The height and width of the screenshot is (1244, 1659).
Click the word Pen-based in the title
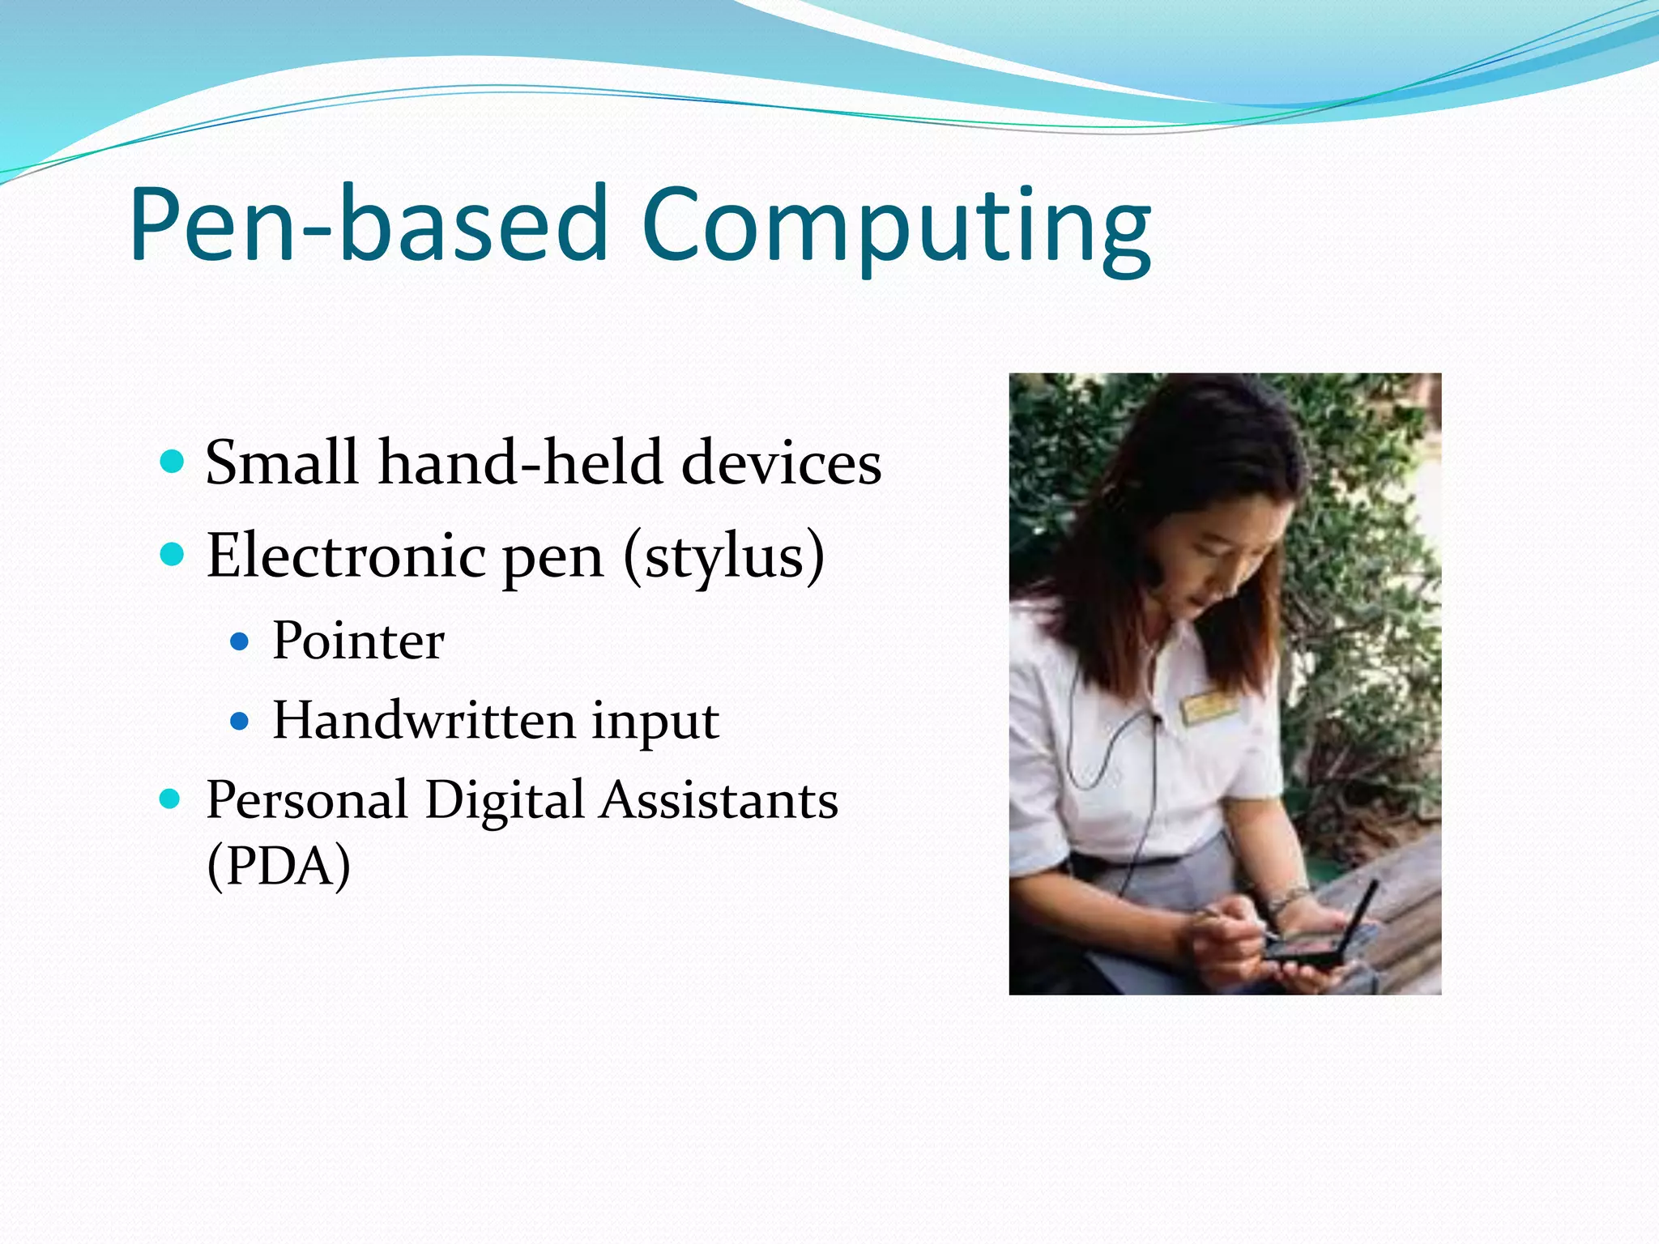pos(369,225)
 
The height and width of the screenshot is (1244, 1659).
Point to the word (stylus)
pos(724,557)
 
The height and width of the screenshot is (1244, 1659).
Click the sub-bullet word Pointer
pos(358,641)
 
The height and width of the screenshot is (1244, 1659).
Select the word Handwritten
pos(423,720)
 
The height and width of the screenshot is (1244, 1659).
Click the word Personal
pos(307,800)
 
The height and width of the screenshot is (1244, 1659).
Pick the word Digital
pos(504,800)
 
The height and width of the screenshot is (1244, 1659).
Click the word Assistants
pos(719,800)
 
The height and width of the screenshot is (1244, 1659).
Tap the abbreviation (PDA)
pos(279,866)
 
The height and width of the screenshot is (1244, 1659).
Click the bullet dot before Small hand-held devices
pos(172,462)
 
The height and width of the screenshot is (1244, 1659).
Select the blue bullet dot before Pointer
pos(239,642)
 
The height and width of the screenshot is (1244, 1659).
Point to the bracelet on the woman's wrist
pos(1287,897)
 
